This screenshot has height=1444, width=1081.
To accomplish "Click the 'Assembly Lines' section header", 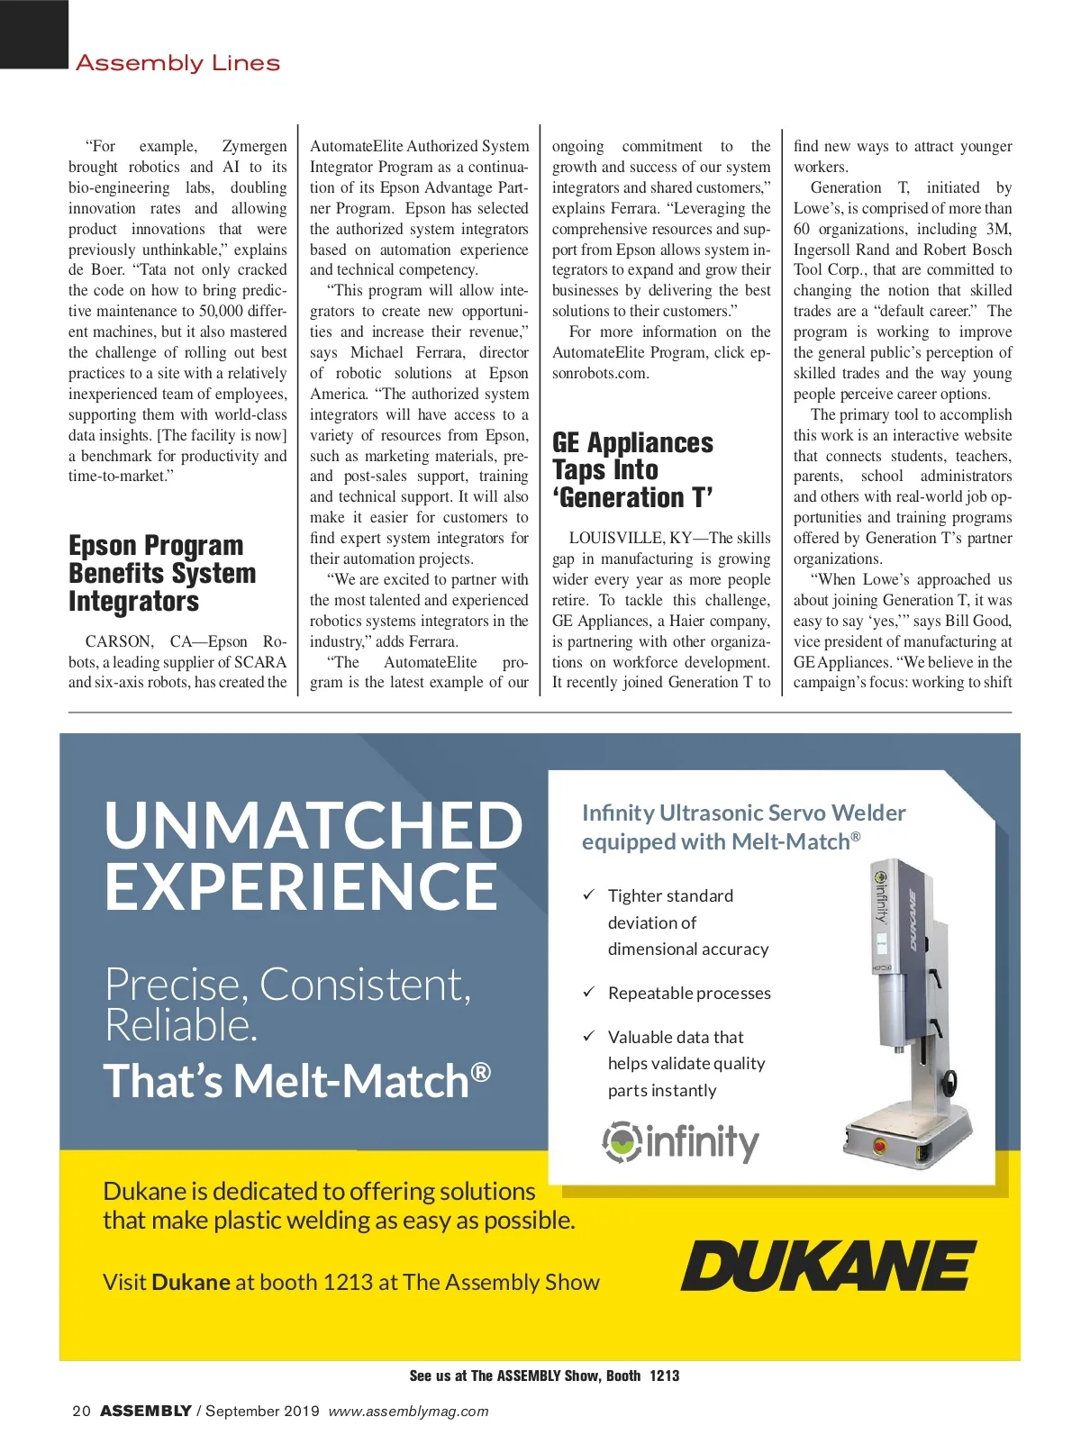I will click(177, 63).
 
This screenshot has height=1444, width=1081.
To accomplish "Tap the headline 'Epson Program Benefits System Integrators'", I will click(162, 573).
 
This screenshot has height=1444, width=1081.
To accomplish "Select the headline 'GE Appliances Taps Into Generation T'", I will click(632, 470).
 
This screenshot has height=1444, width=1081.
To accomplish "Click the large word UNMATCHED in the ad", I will click(313, 825).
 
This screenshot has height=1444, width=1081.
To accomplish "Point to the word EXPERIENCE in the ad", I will click(302, 886).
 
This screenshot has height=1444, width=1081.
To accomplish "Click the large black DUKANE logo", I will click(828, 1266).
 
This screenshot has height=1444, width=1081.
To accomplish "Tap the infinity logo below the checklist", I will click(681, 1141).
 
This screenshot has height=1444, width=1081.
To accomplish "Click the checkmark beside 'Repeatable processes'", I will click(588, 992).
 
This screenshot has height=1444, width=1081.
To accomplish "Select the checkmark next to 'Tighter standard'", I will click(588, 895).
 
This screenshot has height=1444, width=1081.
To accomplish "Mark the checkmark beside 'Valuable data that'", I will click(588, 1036).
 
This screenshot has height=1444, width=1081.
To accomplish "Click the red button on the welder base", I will click(879, 1146).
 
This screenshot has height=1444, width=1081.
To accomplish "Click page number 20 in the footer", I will click(81, 1411).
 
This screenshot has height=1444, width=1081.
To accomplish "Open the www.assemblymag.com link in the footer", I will click(408, 1411).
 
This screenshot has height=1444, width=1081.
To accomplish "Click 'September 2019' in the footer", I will click(262, 1411).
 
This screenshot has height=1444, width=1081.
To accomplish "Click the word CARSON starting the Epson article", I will click(119, 641).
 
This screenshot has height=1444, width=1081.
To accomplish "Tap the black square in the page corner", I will click(34, 33).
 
